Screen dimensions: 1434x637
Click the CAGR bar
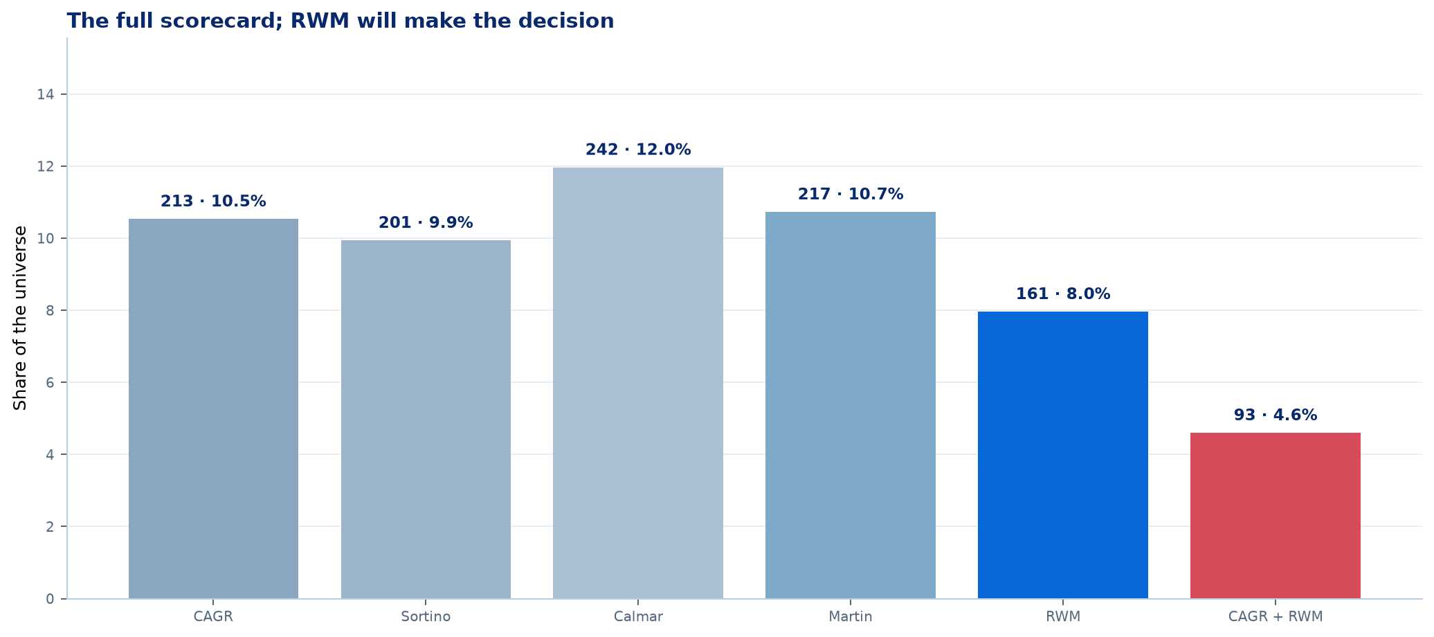click(213, 409)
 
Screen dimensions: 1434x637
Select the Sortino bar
click(426, 420)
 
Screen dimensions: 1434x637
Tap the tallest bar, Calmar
click(638, 383)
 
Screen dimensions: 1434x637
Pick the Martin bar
click(851, 405)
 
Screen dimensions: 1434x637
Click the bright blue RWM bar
click(1063, 455)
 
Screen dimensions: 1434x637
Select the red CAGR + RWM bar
click(1276, 516)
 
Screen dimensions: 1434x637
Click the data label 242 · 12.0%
click(638, 150)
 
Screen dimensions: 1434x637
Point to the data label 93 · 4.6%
click(1276, 415)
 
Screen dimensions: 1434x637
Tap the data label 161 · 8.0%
click(1063, 294)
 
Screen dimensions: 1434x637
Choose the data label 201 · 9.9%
click(426, 223)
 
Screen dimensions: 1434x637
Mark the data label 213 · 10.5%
click(213, 201)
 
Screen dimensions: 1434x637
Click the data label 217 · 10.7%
click(851, 194)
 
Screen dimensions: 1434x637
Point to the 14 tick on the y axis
click(46, 94)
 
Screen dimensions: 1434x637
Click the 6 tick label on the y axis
click(51, 382)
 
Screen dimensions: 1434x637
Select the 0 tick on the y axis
click(51, 598)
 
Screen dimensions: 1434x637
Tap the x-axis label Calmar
click(638, 616)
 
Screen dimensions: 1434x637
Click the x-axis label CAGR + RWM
click(1276, 616)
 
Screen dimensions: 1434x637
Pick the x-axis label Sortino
click(426, 616)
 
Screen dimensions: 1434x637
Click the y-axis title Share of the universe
click(21, 318)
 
